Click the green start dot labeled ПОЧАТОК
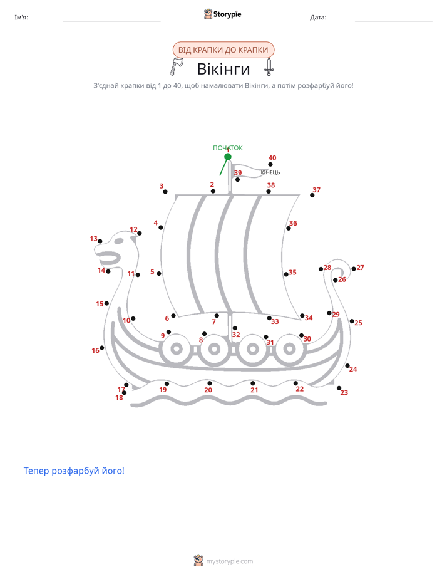tap(228, 157)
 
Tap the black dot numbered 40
tap(270, 164)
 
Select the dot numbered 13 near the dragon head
tap(100, 241)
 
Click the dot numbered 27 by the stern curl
tap(354, 269)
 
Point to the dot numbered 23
tap(339, 388)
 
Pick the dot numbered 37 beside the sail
tap(312, 195)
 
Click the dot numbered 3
tap(165, 192)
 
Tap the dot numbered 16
tap(102, 348)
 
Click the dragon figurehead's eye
tap(119, 241)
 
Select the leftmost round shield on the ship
tap(177, 348)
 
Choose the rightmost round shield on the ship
tap(289, 348)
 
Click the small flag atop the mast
tap(250, 171)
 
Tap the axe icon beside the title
tap(177, 66)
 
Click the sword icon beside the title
tap(269, 67)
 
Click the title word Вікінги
tap(223, 69)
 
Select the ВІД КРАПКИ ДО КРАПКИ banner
tap(223, 50)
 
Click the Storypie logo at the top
tap(222, 14)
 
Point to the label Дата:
tap(318, 18)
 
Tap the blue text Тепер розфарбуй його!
tap(74, 471)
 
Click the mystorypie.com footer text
tap(229, 561)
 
